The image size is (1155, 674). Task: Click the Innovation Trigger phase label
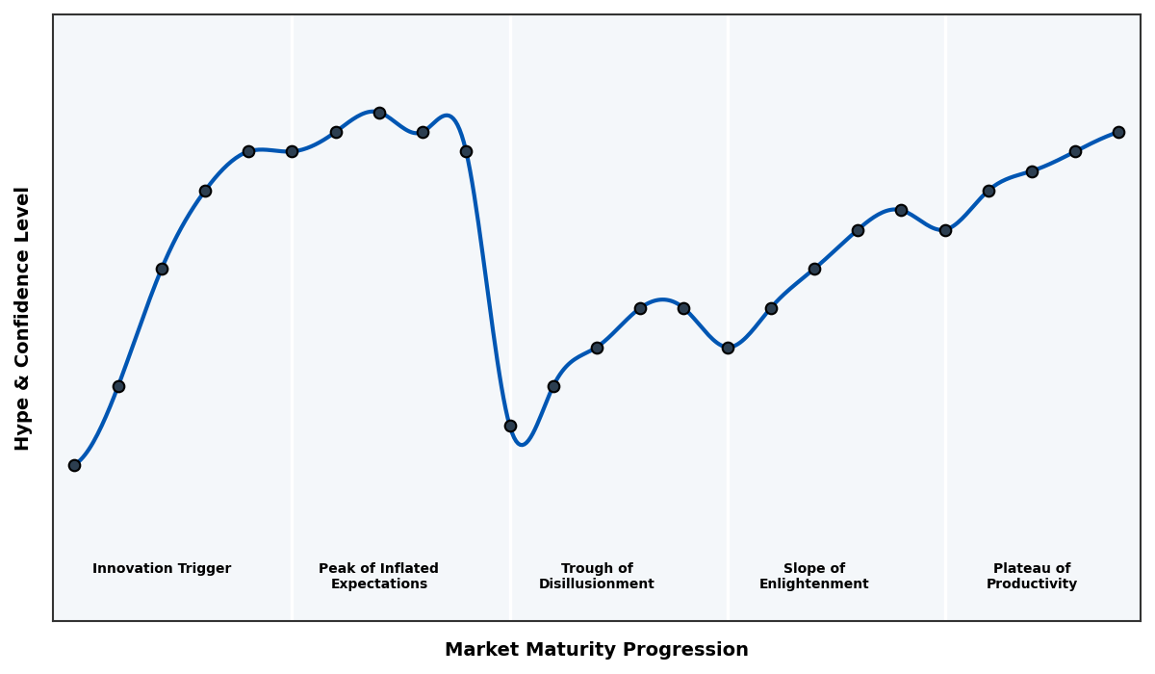[x=162, y=569]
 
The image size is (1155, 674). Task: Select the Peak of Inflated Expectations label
[x=378, y=576]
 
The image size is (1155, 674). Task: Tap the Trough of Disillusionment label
[x=597, y=576]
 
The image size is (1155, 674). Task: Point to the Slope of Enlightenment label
[x=813, y=576]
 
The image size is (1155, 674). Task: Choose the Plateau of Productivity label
[x=1032, y=576]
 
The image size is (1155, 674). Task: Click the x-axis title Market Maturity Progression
[x=596, y=650]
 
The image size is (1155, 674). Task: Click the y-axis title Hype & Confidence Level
[x=23, y=318]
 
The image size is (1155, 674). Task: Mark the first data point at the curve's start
[x=74, y=465]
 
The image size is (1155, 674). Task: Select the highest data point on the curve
[x=379, y=113]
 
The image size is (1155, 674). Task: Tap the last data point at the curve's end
[x=1118, y=132]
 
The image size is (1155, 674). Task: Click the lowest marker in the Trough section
[x=510, y=426]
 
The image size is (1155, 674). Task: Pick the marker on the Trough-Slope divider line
[x=728, y=348]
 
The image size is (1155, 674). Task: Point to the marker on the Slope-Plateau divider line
[x=945, y=230]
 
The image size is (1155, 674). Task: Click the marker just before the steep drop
[x=466, y=151]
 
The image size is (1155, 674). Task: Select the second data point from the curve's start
[x=118, y=386]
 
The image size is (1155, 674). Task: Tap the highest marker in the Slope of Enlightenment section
[x=901, y=210]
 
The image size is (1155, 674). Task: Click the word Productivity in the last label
[x=1032, y=584]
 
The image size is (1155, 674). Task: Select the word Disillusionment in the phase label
[x=597, y=584]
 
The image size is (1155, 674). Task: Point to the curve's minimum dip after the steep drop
[x=522, y=444]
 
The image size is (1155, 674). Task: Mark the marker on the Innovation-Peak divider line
[x=292, y=151]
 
